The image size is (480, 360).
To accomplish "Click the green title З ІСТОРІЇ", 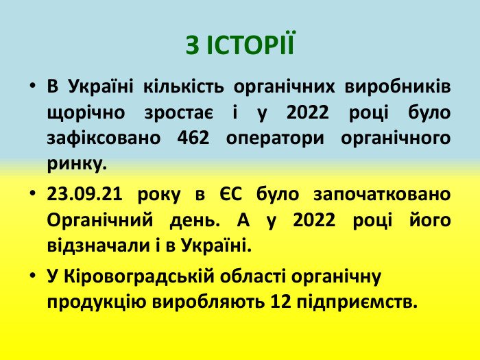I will click(239, 45).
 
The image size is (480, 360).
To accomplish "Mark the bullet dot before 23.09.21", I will click(33, 194).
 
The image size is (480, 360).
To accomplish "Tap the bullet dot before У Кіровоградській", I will click(33, 276).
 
